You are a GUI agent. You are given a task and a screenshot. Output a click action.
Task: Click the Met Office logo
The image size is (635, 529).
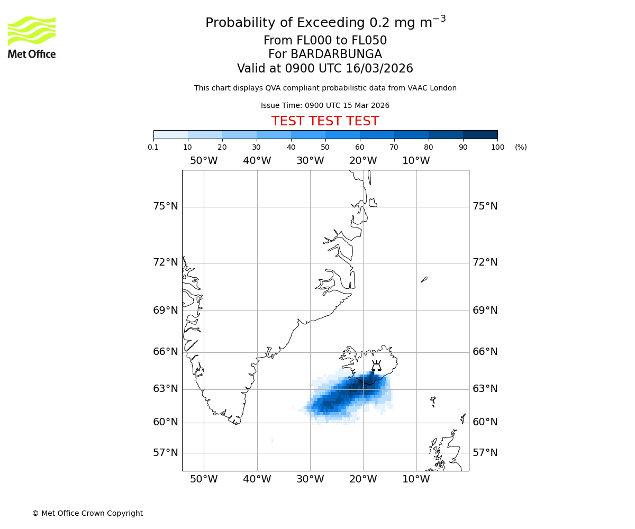[32, 37]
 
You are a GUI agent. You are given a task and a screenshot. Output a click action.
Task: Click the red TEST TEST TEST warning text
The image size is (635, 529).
[325, 121]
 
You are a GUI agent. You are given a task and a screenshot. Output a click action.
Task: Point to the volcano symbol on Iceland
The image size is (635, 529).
[376, 366]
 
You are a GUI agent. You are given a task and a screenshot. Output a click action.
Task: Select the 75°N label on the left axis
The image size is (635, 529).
[166, 206]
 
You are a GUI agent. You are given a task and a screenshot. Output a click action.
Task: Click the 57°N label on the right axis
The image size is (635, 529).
[485, 453]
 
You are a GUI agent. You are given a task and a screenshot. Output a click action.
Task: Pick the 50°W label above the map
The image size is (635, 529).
[204, 161]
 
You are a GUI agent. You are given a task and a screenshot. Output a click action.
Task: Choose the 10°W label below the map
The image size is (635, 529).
[416, 479]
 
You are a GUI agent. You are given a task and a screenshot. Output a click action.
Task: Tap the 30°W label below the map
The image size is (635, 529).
[310, 479]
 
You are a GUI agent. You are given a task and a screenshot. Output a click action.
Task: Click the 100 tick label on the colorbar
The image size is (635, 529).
[497, 147]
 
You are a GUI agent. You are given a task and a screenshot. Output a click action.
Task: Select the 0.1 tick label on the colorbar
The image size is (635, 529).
[153, 147]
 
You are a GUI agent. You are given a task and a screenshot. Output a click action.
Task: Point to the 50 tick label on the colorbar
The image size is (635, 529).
[325, 147]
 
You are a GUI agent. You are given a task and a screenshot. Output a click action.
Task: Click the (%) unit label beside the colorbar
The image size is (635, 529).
[521, 147]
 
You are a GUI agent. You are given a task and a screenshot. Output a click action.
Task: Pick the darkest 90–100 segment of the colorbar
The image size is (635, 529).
[480, 134]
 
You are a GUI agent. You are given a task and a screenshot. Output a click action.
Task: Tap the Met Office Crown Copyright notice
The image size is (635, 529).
[87, 513]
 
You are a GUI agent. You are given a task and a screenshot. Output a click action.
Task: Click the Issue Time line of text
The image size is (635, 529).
[325, 106]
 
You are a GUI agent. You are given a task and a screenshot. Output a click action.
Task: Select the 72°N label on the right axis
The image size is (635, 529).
[485, 262]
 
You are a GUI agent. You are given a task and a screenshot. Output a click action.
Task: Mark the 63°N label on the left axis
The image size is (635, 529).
[166, 389]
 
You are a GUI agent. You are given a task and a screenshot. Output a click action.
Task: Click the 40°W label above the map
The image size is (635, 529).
[257, 161]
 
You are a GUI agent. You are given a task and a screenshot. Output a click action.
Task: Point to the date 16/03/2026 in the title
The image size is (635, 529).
[379, 69]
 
